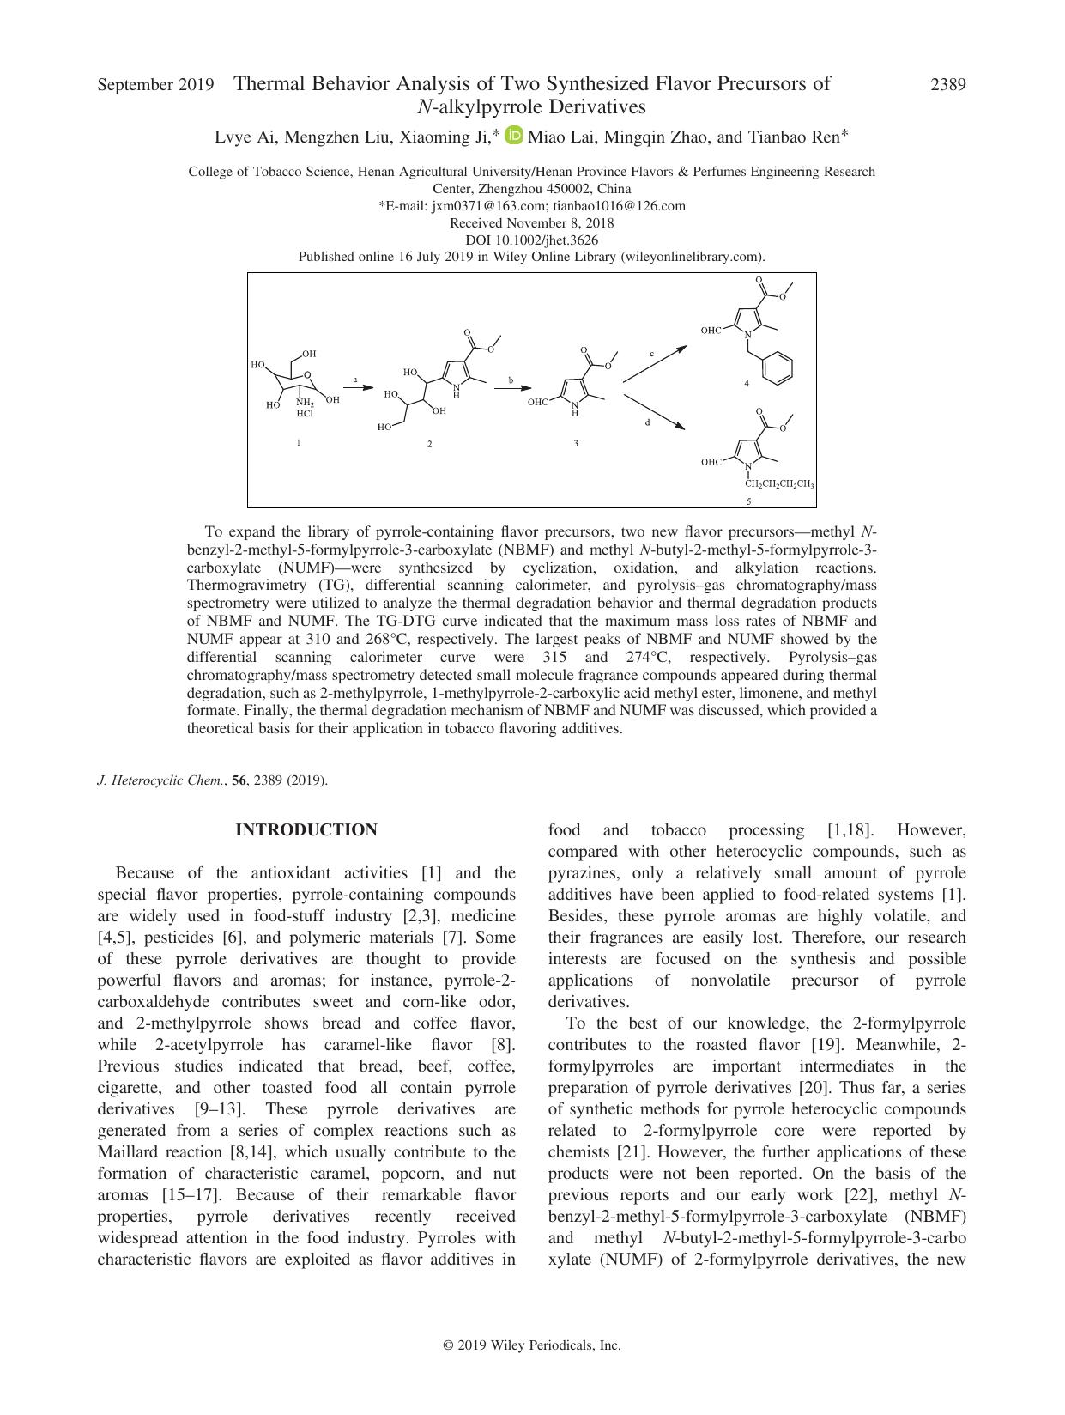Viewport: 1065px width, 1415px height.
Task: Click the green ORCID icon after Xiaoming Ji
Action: tap(514, 136)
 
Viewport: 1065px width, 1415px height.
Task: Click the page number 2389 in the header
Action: tap(948, 84)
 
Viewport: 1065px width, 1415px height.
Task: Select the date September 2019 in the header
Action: tap(155, 84)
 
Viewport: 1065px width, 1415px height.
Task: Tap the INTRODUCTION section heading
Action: tap(306, 830)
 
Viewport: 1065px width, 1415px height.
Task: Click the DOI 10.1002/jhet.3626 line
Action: tap(531, 240)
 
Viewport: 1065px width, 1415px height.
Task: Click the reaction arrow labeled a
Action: tap(358, 388)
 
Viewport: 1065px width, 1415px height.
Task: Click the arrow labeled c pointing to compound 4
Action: tap(654, 363)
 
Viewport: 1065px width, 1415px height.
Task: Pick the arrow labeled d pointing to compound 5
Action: tap(654, 412)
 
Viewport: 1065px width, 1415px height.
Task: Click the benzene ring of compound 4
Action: tap(778, 367)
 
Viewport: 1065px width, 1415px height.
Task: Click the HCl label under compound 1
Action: tap(305, 414)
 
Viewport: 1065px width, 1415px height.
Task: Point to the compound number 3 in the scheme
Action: tap(575, 443)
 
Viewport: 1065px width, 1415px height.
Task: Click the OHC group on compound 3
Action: tap(538, 401)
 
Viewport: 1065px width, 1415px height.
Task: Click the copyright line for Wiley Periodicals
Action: tap(532, 1345)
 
